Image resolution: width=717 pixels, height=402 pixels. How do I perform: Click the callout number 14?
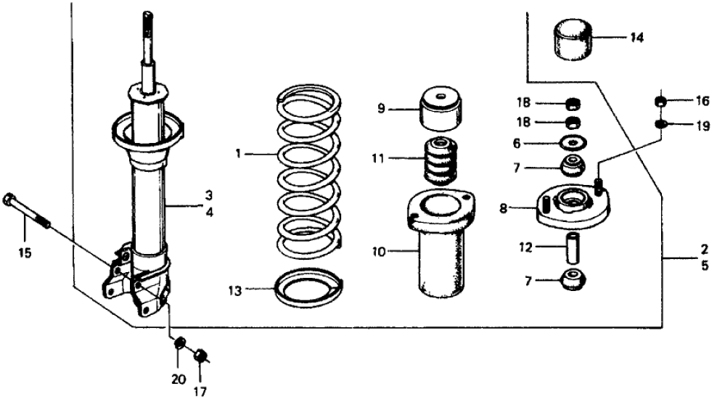click(636, 37)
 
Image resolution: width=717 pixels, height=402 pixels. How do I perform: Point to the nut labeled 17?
click(202, 356)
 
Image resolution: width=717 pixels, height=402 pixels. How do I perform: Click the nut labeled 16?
click(661, 101)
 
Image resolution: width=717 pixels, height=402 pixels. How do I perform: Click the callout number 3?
click(208, 195)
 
